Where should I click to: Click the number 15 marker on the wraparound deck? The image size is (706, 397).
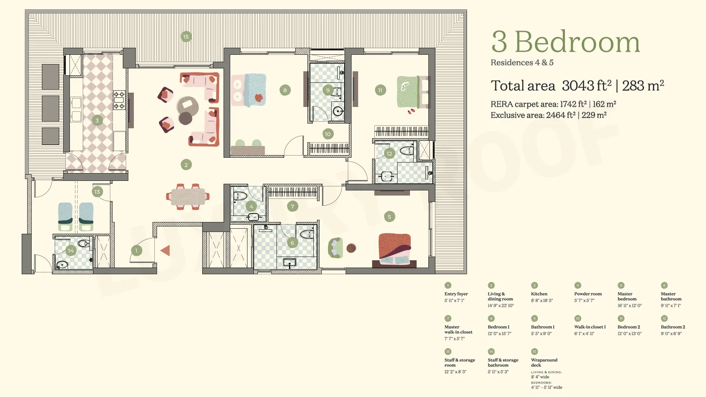click(186, 37)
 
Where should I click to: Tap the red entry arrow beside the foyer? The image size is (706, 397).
click(165, 251)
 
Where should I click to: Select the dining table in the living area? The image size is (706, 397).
click(188, 196)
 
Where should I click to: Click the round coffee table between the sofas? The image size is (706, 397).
click(188, 106)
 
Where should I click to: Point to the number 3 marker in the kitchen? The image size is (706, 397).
click(97, 120)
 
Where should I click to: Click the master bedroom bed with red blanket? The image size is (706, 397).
click(395, 249)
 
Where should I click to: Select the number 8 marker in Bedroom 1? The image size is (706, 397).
click(285, 90)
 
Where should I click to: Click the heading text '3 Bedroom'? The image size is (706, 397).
click(566, 42)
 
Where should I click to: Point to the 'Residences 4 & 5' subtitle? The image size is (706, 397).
click(522, 62)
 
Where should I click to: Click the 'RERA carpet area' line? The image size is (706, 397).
click(553, 104)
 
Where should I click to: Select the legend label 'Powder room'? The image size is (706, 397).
click(588, 294)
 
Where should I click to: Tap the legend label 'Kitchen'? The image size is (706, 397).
click(539, 294)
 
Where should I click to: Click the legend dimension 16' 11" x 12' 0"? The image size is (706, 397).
click(630, 305)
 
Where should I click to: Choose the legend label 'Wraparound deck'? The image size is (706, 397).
click(544, 362)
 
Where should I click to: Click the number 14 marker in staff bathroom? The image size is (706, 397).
click(71, 251)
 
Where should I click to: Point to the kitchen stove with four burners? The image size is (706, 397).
click(119, 100)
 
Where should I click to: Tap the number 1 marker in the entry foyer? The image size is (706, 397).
click(136, 251)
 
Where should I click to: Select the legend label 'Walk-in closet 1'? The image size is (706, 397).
click(590, 327)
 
